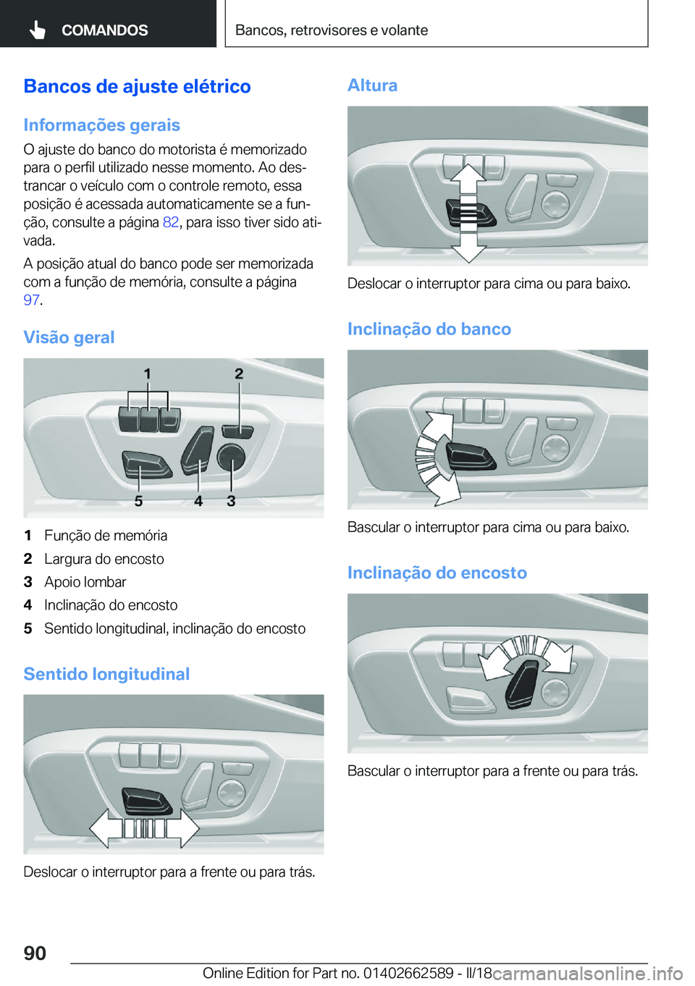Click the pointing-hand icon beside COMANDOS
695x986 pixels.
[38, 30]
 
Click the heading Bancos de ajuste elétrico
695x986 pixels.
[137, 86]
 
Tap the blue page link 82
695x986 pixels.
[170, 222]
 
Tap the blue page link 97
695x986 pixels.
[31, 300]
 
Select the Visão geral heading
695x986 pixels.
[69, 337]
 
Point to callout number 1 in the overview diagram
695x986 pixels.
[148, 374]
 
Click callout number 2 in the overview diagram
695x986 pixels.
[239, 374]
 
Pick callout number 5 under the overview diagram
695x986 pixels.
[138, 501]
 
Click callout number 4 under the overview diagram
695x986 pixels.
[198, 501]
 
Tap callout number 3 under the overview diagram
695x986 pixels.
[231, 501]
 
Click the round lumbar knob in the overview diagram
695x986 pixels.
[231, 457]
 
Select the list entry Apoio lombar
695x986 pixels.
[85, 582]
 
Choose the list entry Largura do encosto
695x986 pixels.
[104, 559]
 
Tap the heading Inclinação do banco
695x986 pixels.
[429, 329]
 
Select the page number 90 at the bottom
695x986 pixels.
[35, 953]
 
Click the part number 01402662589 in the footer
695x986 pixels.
[408, 973]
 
